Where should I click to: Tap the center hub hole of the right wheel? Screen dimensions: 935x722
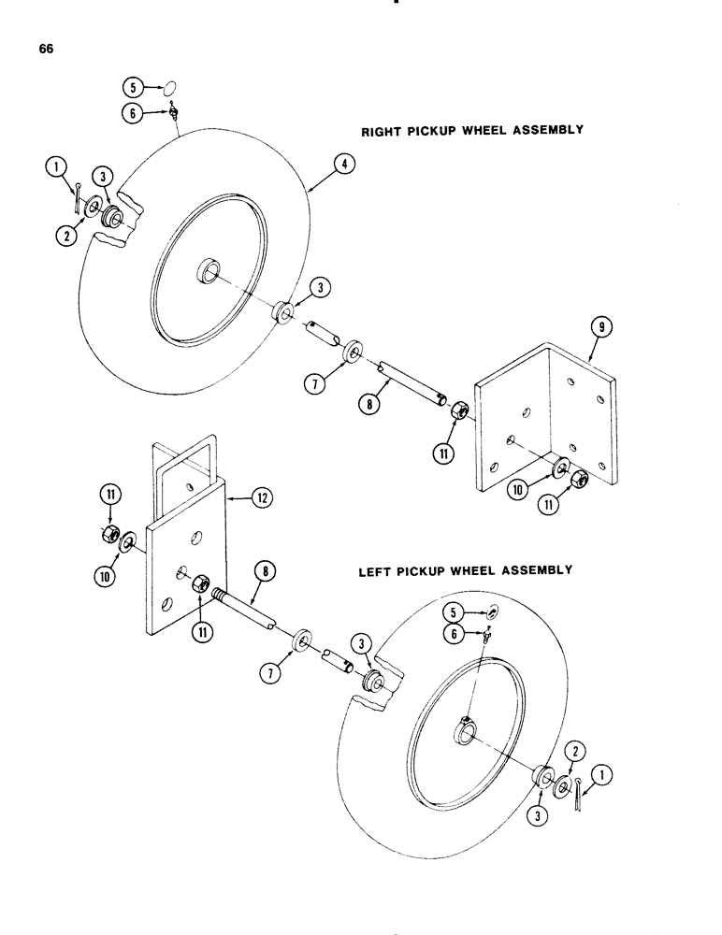click(x=208, y=274)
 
